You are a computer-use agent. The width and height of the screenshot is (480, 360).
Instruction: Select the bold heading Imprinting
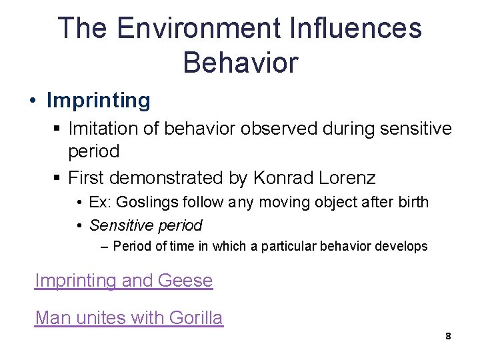[99, 101]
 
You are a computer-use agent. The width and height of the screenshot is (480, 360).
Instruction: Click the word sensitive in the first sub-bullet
[411, 127]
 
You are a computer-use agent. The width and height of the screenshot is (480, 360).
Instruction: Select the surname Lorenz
[347, 178]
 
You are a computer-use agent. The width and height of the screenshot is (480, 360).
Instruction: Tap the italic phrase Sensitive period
[145, 225]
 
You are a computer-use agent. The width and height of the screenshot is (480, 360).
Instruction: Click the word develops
[403, 246]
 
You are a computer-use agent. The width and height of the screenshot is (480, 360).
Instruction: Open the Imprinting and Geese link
[123, 281]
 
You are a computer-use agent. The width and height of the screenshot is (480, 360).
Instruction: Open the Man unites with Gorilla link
[129, 317]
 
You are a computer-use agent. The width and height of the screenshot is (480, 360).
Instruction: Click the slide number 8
[448, 337]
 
